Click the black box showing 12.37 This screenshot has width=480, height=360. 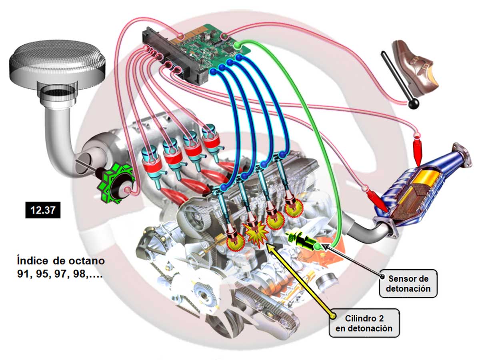(x=43, y=210)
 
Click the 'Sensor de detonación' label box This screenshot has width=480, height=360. (x=408, y=283)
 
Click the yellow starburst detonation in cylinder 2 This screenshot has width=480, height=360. (x=255, y=234)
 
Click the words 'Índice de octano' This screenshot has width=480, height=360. (x=61, y=261)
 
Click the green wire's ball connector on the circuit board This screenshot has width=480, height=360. (x=237, y=45)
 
